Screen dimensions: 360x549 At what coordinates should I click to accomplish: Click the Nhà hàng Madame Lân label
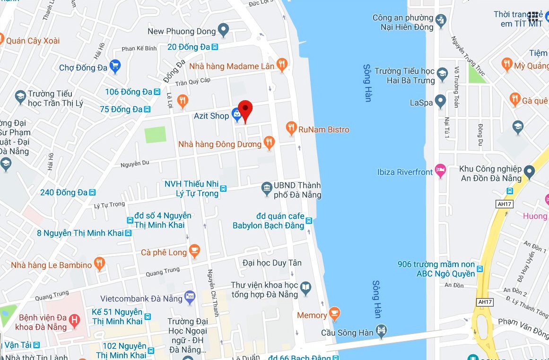[x=232, y=67]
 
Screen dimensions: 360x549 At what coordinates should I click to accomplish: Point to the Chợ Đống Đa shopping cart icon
[x=115, y=67]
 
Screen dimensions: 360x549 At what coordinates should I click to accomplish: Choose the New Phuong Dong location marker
[x=223, y=31]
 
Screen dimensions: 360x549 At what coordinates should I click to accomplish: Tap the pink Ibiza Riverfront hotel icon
[x=441, y=171]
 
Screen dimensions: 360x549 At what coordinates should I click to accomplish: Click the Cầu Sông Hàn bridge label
[x=347, y=333]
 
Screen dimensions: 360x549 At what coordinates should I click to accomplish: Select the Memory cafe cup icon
[x=334, y=314]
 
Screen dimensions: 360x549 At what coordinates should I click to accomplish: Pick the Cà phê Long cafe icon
[x=194, y=251]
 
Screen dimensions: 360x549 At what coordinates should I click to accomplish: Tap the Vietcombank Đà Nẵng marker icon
[x=190, y=298]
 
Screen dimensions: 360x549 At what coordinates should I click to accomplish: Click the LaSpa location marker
[x=440, y=102]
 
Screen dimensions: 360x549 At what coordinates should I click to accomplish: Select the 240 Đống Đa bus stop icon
[x=93, y=192]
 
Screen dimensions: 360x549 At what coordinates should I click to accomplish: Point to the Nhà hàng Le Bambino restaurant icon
[x=99, y=264]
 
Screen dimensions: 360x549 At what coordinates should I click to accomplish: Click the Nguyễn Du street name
[x=135, y=163]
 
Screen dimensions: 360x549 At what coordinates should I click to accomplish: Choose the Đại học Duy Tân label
[x=272, y=263]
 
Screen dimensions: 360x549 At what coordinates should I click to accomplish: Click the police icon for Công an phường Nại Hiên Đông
[x=441, y=21]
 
